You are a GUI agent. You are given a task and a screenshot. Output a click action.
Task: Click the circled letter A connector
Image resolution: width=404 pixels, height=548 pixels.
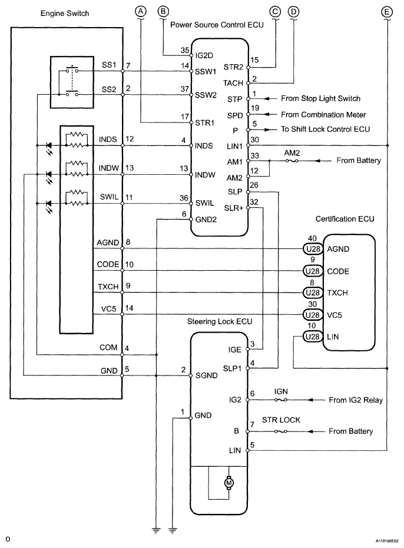[x=141, y=12]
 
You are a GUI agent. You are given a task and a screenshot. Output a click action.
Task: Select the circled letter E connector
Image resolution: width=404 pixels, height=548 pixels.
[x=387, y=12]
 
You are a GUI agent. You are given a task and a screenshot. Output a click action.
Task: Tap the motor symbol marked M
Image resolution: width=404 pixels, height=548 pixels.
[x=229, y=483]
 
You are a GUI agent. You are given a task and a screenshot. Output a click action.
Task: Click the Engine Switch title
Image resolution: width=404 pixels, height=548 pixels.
[x=65, y=14]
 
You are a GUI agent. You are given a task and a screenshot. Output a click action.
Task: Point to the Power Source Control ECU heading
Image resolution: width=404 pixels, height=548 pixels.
[x=217, y=25]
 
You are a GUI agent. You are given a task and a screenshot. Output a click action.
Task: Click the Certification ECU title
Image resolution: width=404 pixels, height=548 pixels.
[x=345, y=219]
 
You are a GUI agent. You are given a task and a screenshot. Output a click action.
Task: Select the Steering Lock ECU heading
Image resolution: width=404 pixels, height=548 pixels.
[x=220, y=321]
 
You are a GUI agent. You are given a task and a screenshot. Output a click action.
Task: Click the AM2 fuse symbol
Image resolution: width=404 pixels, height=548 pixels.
[x=292, y=161]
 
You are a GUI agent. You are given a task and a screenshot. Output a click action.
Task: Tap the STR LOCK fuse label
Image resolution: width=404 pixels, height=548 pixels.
[x=281, y=420]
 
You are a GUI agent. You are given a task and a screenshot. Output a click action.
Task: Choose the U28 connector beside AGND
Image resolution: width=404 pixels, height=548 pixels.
[x=313, y=249]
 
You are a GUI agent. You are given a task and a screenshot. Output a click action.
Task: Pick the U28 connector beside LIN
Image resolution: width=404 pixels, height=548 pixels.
[x=313, y=337]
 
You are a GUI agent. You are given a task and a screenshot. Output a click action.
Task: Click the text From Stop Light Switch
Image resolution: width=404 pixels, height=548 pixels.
[x=321, y=98]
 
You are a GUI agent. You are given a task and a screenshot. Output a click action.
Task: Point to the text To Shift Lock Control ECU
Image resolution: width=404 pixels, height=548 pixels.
[x=325, y=129]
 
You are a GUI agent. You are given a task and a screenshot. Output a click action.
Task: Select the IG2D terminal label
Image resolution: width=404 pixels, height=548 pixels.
[x=204, y=55]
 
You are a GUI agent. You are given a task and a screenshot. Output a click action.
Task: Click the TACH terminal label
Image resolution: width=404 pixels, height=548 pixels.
[x=233, y=83]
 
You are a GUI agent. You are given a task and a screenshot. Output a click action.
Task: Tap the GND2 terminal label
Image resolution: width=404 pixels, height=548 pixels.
[x=206, y=220]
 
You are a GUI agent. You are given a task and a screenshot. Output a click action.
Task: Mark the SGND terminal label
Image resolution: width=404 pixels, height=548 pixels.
[x=206, y=376]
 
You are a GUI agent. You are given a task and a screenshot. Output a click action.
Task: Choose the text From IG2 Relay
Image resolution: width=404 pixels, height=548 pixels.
[x=356, y=400]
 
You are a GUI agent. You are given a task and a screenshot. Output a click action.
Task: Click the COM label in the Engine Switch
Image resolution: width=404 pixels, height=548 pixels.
[x=108, y=347]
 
